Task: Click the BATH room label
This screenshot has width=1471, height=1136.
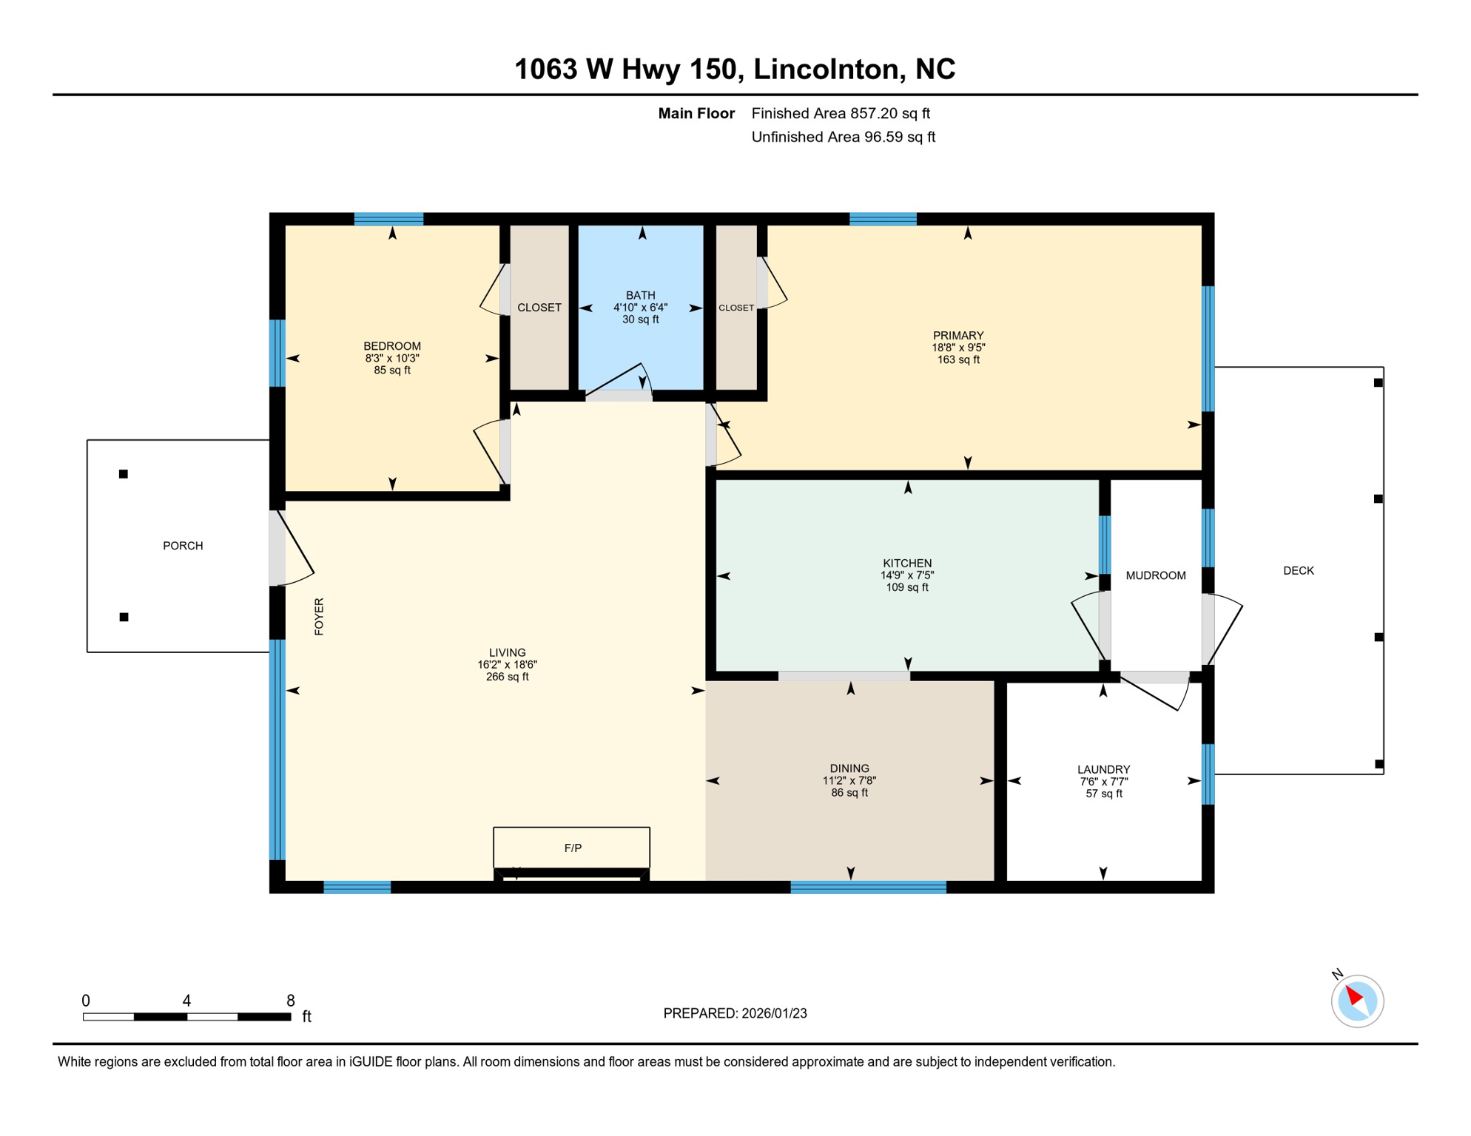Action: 640,295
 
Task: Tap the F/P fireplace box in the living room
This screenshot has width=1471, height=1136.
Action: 571,848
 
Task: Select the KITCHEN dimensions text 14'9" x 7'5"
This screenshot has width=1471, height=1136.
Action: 906,575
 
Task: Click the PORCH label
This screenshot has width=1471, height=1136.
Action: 183,546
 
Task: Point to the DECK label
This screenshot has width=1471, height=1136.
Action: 1298,570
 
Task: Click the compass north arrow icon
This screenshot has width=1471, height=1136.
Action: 1356,1001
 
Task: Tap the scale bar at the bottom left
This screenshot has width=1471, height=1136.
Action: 186,1017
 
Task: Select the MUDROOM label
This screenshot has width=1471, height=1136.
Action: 1155,575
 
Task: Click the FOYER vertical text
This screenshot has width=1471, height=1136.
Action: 319,616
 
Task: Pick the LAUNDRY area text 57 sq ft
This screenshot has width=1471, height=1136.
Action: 1103,794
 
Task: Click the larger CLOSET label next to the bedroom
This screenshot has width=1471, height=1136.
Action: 539,308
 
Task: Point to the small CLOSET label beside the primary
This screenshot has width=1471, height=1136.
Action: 735,308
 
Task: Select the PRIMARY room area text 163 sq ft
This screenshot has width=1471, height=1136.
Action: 957,360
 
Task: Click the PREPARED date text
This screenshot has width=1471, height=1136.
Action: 735,1013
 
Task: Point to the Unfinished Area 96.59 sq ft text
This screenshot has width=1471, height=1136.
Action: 843,137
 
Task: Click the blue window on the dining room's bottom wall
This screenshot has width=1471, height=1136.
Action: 868,887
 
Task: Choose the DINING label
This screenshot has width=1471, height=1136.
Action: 849,768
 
